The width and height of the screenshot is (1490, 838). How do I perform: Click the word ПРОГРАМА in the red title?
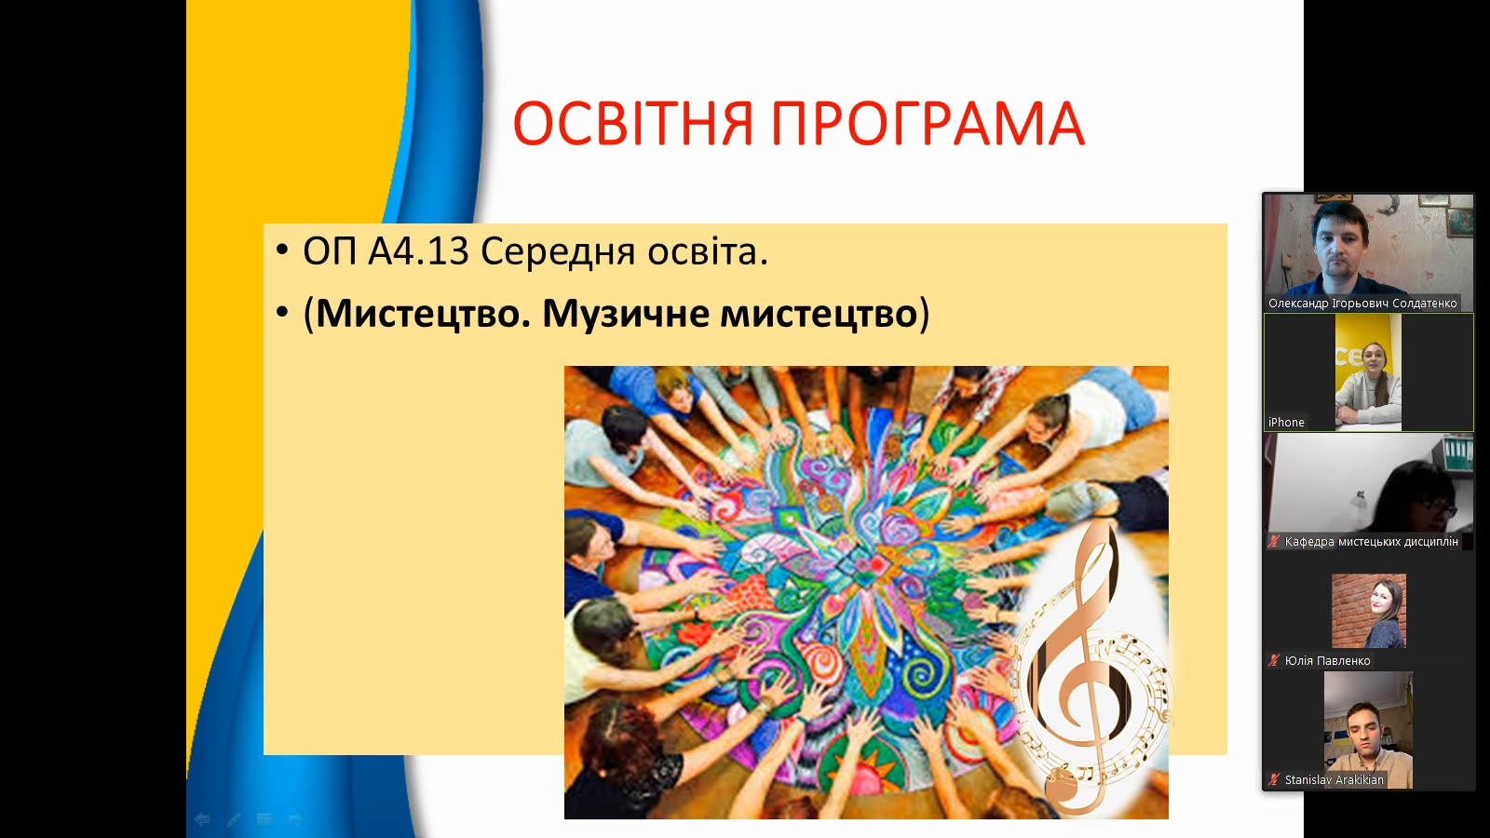[x=928, y=124]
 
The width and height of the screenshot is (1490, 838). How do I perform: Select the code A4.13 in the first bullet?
[x=419, y=252]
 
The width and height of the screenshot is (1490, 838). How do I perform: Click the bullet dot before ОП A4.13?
[x=283, y=252]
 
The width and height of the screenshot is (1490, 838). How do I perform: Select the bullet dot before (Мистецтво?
[x=283, y=313]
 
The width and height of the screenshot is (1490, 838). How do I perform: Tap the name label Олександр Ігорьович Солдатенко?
[x=1362, y=304]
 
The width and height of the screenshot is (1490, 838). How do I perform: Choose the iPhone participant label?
[x=1286, y=423]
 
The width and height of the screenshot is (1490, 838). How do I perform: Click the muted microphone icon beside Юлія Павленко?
[x=1274, y=660]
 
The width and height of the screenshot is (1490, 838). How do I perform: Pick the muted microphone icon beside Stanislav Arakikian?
[x=1274, y=779]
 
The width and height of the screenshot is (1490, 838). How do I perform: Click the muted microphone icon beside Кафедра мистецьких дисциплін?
[x=1274, y=541]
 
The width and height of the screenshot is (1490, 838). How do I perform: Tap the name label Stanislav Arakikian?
[x=1334, y=779]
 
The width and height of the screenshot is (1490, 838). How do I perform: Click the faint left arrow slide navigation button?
[x=201, y=819]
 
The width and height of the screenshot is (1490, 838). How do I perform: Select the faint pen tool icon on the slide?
[x=233, y=819]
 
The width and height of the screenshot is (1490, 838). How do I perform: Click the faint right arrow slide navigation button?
[x=295, y=819]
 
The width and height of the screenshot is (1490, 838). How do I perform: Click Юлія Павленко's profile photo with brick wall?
[x=1368, y=611]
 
